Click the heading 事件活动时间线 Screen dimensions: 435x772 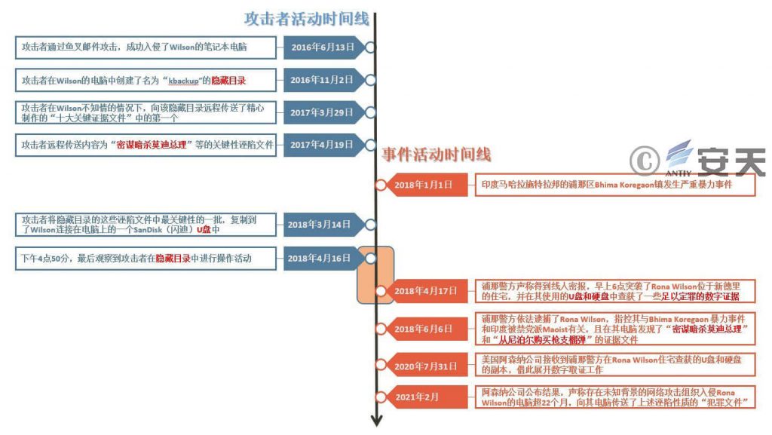tap(436, 155)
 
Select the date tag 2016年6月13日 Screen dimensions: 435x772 tap(322, 47)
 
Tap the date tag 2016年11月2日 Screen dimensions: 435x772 tap(322, 80)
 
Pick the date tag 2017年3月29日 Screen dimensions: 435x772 tap(322, 112)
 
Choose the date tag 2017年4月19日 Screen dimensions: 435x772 tap(322, 145)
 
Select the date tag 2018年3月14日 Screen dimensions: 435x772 tap(320, 224)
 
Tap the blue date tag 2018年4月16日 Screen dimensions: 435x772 tap(320, 259)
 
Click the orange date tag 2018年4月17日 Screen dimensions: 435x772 tap(424, 291)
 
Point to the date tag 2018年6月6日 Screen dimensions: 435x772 tap(424, 329)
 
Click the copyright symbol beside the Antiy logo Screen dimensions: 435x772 tap(645, 160)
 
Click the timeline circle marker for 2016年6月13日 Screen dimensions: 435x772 tap(370, 47)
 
